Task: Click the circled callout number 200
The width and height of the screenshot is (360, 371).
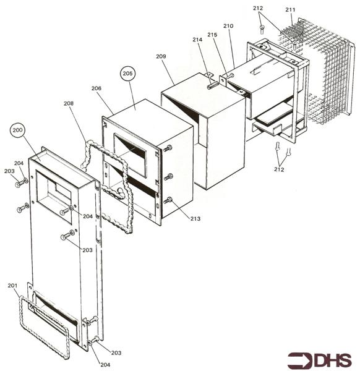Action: click(x=18, y=130)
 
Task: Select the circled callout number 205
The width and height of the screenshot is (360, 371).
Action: click(x=128, y=74)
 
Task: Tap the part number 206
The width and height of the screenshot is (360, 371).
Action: click(x=96, y=88)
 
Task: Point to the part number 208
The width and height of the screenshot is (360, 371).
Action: click(x=69, y=103)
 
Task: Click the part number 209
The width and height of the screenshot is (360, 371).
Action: click(x=161, y=56)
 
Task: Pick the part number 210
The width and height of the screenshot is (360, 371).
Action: click(x=228, y=26)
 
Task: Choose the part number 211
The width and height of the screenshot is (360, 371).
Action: click(x=290, y=10)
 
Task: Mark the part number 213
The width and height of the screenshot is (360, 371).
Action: click(x=195, y=219)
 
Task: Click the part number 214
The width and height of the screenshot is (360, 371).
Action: click(x=197, y=40)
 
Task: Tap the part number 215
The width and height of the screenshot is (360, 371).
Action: click(x=212, y=35)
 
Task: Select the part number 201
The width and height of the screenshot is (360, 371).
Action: click(x=12, y=286)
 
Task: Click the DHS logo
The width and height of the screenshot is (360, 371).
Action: click(x=320, y=360)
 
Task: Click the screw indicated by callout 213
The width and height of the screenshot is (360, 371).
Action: click(x=168, y=201)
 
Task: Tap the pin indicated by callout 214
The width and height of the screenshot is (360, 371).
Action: click(x=212, y=85)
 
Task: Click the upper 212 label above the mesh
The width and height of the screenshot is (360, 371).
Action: click(x=258, y=8)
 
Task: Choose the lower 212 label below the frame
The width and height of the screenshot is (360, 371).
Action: click(x=279, y=169)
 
